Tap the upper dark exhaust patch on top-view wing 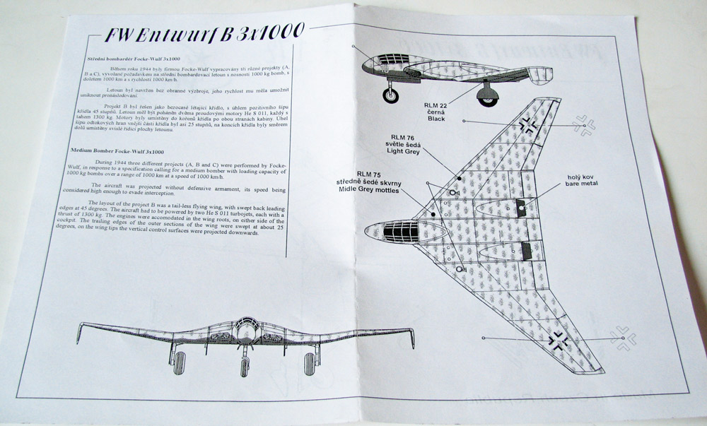point(522,206)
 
